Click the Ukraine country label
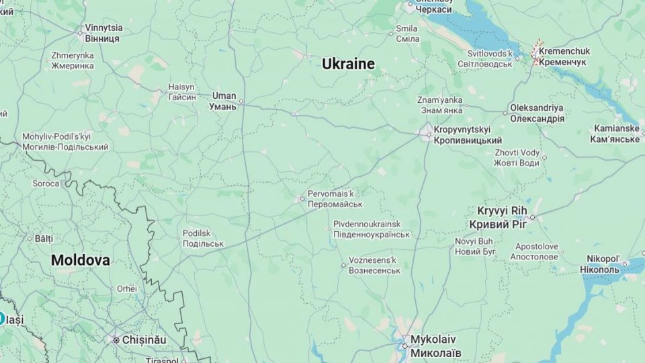coord(348,64)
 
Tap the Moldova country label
coord(81,260)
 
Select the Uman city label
coord(223,101)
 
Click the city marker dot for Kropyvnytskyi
coord(429,134)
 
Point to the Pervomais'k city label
coord(335,199)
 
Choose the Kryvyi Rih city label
coord(503,217)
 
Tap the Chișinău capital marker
coord(116,340)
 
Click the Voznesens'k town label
coord(374,265)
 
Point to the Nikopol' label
coord(605,264)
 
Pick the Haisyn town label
coord(181,92)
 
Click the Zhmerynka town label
coord(73,61)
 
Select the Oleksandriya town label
coord(537,113)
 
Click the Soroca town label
coord(46,183)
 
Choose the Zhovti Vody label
coord(517,157)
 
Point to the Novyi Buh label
coord(475,246)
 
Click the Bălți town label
coord(43,238)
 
